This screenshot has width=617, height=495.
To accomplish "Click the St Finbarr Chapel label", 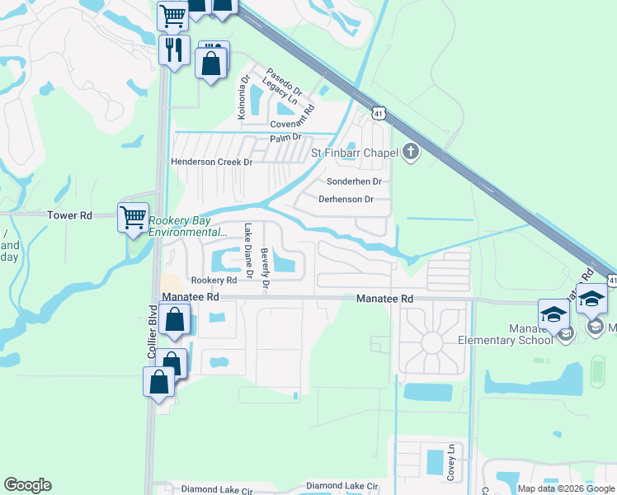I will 354,152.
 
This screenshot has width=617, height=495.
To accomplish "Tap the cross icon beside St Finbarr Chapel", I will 411,151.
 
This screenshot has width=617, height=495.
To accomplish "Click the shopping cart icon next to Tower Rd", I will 133,218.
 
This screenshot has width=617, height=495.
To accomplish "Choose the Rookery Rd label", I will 208,280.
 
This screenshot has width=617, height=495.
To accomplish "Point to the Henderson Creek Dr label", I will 211,163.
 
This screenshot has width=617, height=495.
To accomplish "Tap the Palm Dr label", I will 286,136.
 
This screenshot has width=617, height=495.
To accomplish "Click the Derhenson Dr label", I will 346,199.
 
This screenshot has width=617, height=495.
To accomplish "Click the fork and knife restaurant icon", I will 174,49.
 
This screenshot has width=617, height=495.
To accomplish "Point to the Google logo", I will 27,485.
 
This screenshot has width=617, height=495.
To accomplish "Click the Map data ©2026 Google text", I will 565,488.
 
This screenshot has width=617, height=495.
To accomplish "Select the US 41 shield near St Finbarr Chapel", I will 378,112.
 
